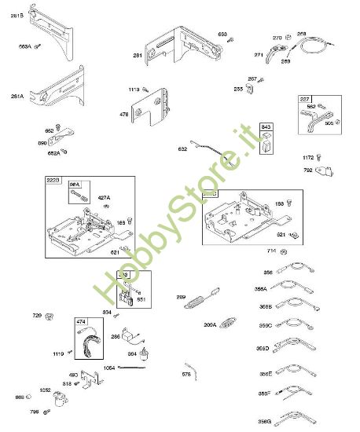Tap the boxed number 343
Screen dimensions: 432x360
pyautogui.click(x=266, y=127)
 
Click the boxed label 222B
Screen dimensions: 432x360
pyautogui.click(x=53, y=181)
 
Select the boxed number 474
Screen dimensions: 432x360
pyautogui.click(x=81, y=320)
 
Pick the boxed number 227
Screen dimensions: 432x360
pyautogui.click(x=305, y=99)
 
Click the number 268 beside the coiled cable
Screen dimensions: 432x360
pyautogui.click(x=301, y=34)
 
